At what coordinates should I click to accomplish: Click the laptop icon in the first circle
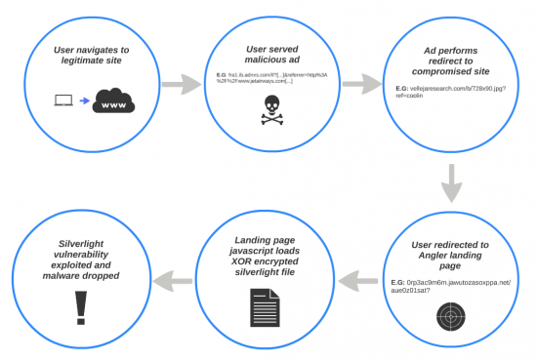(x=63, y=100)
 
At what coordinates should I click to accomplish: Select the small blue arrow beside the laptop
(x=86, y=100)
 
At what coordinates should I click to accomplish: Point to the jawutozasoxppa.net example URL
(x=453, y=283)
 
